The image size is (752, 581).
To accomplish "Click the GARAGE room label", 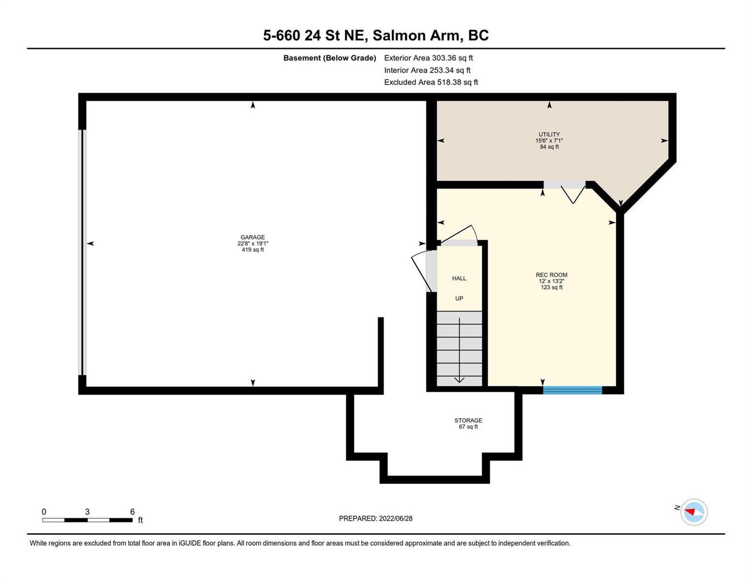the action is click(x=252, y=237).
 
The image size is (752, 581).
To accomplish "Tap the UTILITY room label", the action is click(x=549, y=134).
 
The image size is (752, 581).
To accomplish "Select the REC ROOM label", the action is click(x=551, y=275).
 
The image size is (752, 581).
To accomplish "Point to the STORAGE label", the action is click(x=468, y=420).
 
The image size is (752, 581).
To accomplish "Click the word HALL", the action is click(x=459, y=278).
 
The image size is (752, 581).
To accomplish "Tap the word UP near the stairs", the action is click(x=459, y=298).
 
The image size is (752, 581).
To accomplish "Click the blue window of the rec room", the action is click(x=572, y=390).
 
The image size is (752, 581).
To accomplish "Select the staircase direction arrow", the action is click(x=459, y=350).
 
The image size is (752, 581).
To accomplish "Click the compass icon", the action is click(x=693, y=512).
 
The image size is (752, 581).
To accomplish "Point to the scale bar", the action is click(x=87, y=520).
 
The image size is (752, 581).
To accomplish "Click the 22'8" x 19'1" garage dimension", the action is click(x=253, y=243).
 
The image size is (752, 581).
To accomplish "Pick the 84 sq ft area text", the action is click(x=549, y=147).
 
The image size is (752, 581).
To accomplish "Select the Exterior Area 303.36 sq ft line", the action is click(x=428, y=58).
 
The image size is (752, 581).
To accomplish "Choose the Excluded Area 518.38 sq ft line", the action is click(x=431, y=82).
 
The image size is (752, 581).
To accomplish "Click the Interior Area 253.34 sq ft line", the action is click(x=427, y=70).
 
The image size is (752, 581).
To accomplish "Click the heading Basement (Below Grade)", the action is click(x=329, y=58).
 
